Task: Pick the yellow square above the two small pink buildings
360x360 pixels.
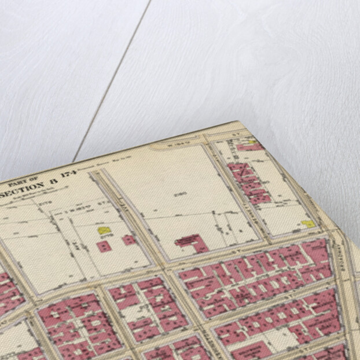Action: coord(104,230)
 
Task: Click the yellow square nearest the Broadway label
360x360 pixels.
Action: coord(308,223)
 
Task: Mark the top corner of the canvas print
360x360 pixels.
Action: coord(239,122)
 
